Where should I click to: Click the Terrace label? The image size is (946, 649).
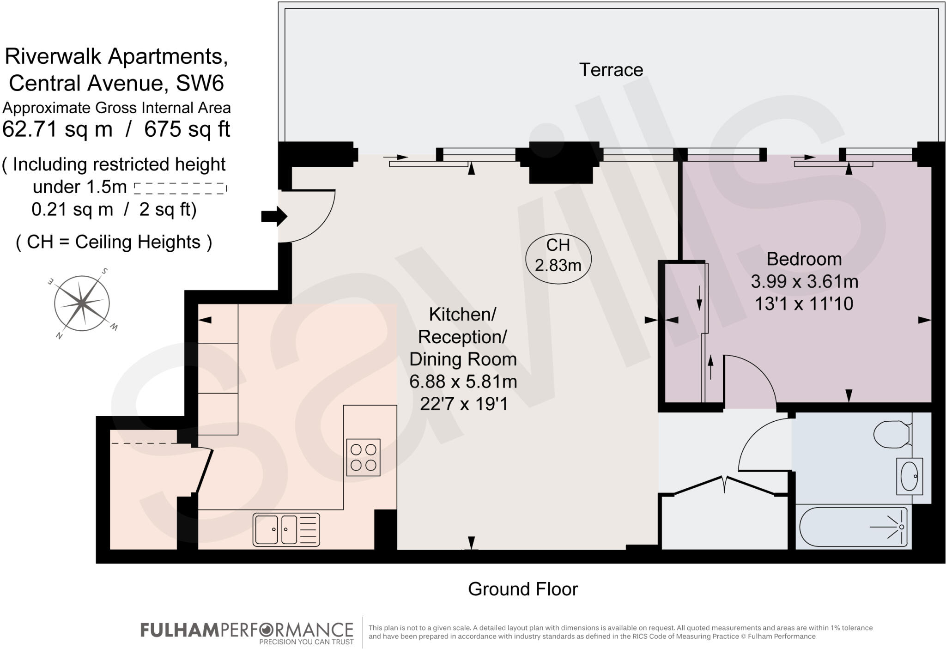point(611,70)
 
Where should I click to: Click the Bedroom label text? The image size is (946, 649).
point(804,259)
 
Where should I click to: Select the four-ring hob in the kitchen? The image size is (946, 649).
point(363,457)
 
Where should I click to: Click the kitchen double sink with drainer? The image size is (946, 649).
point(286,529)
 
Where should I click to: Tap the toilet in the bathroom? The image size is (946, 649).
point(892,434)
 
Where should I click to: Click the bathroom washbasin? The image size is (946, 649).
point(909,476)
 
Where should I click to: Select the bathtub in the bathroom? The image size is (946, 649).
point(853,527)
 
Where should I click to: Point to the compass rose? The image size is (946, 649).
point(82,303)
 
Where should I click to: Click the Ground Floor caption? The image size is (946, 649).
point(522,589)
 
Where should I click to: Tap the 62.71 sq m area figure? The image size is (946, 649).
point(57,129)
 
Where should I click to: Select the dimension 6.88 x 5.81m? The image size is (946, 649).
point(463,382)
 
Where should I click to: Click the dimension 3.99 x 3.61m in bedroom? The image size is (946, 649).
point(804,281)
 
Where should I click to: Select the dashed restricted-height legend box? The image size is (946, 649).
point(180,188)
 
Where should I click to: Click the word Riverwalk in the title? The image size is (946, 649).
point(53,56)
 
